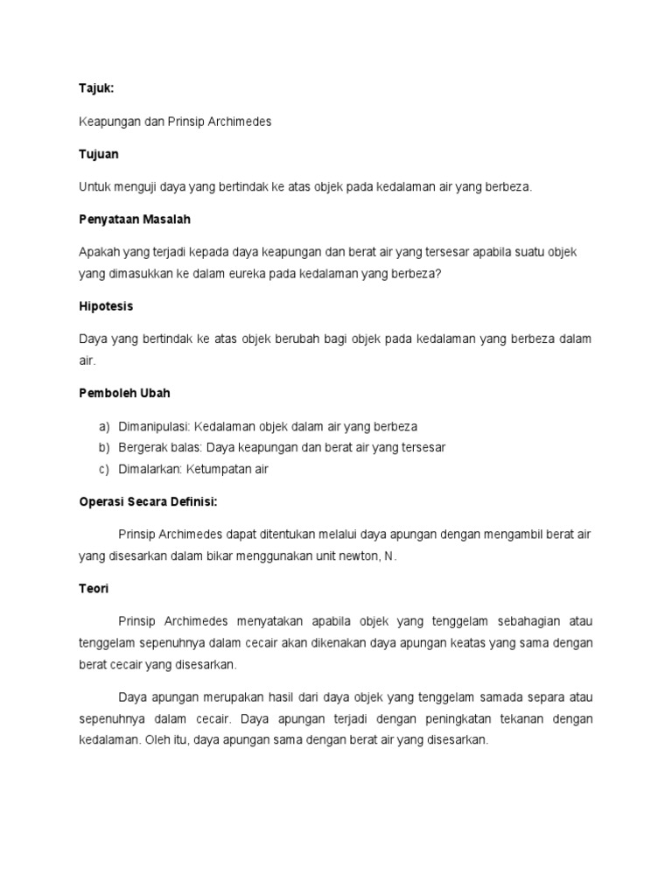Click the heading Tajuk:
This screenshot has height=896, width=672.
(96, 89)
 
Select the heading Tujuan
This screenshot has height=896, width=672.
(99, 154)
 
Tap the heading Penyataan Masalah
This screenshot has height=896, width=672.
(135, 219)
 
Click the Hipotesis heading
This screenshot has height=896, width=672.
(106, 306)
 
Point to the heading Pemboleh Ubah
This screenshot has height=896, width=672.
(120, 394)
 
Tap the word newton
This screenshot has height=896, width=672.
(357, 556)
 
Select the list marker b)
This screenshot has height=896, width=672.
(103, 447)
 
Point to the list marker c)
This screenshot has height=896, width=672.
(103, 469)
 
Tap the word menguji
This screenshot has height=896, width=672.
(133, 186)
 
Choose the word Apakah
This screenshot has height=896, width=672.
(100, 252)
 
